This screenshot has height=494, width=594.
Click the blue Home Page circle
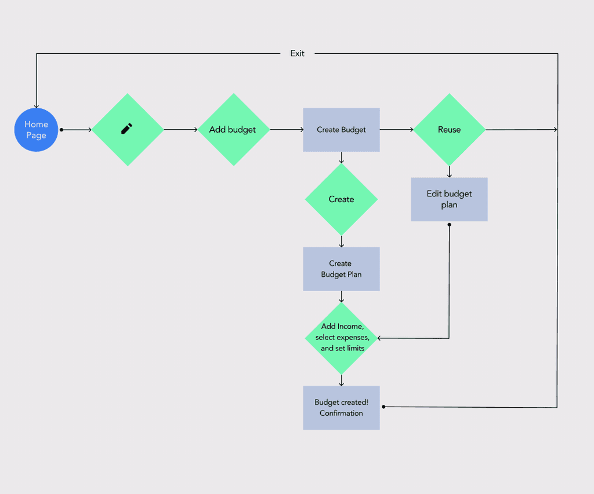pyautogui.click(x=36, y=130)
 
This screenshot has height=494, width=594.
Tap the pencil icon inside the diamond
pyautogui.click(x=127, y=129)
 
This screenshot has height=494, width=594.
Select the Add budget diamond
pyautogui.click(x=233, y=130)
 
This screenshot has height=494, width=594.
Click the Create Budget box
pyautogui.click(x=341, y=130)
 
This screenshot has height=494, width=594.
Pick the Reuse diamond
pyautogui.click(x=449, y=130)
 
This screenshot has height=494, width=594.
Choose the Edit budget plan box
pyautogui.click(x=449, y=199)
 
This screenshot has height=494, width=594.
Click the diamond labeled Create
pyautogui.click(x=341, y=199)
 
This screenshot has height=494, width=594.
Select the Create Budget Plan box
pyautogui.click(x=341, y=269)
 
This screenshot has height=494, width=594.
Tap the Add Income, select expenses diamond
pyautogui.click(x=341, y=338)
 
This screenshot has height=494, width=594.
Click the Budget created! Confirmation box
pyautogui.click(x=341, y=407)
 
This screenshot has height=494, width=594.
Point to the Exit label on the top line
pyautogui.click(x=297, y=53)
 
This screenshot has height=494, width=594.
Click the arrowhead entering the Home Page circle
pyautogui.click(x=37, y=106)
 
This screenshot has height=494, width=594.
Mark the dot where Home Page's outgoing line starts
pyautogui.click(x=61, y=130)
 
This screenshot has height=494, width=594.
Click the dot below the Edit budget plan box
pyautogui.click(x=449, y=224)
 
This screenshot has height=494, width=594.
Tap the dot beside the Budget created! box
pyautogui.click(x=383, y=407)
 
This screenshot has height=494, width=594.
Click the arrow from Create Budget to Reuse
pyautogui.click(x=396, y=130)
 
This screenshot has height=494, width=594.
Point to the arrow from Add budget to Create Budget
pyautogui.click(x=287, y=130)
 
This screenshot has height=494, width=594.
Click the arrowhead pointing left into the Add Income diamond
pyautogui.click(x=380, y=338)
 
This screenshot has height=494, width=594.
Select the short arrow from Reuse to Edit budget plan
pyautogui.click(x=449, y=172)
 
